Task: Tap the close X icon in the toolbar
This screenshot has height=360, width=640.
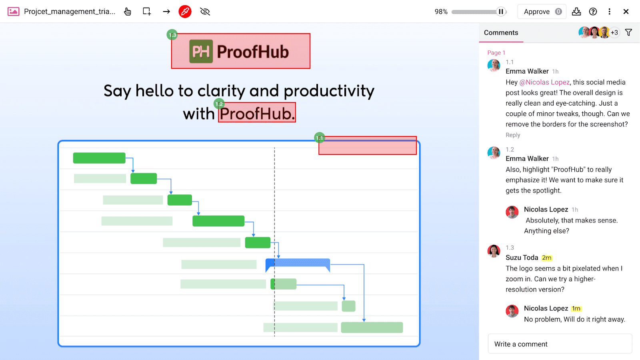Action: [626, 12]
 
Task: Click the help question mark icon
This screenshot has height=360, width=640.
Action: [593, 12]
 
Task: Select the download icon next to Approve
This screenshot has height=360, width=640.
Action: [576, 12]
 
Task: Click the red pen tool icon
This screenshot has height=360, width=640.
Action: [185, 12]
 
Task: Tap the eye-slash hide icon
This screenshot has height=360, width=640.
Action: [205, 12]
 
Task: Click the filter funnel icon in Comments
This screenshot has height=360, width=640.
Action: [628, 32]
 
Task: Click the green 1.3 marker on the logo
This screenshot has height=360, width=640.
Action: [172, 35]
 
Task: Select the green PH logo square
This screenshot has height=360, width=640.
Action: [201, 51]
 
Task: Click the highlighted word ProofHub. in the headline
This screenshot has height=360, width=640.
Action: [257, 113]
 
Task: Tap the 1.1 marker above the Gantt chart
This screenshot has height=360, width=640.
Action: [319, 138]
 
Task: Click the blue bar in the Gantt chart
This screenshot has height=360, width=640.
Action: [298, 263]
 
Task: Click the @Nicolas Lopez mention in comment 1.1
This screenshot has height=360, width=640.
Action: [544, 82]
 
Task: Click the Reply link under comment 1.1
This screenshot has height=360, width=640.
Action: [512, 135]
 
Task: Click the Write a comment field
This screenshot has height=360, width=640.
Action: [560, 344]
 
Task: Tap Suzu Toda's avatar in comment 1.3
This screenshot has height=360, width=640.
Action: [494, 251]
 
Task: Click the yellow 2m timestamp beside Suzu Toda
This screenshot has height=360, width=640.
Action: [547, 258]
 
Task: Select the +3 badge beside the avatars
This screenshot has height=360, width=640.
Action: [614, 32]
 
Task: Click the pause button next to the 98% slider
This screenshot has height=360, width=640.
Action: [501, 12]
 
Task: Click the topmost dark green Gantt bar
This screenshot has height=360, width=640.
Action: [99, 158]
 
